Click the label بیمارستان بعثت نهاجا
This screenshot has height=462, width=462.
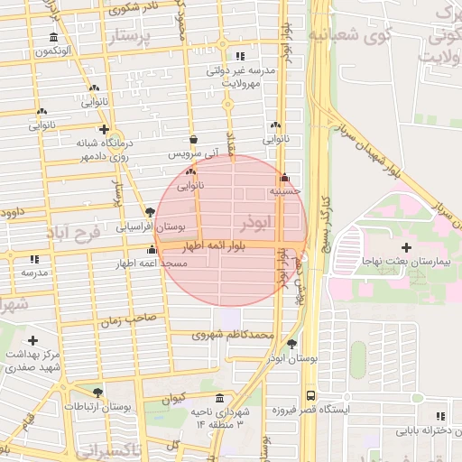pos(405,261)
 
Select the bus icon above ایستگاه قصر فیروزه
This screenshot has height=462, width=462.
pos(311,395)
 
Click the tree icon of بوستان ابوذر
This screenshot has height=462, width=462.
pos(291,344)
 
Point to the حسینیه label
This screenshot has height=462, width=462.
pos(284,192)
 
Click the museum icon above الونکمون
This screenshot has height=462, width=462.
pos(55,38)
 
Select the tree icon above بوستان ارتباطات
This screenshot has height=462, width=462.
pos(97,393)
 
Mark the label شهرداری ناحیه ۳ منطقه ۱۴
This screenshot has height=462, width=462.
pos(217,417)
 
